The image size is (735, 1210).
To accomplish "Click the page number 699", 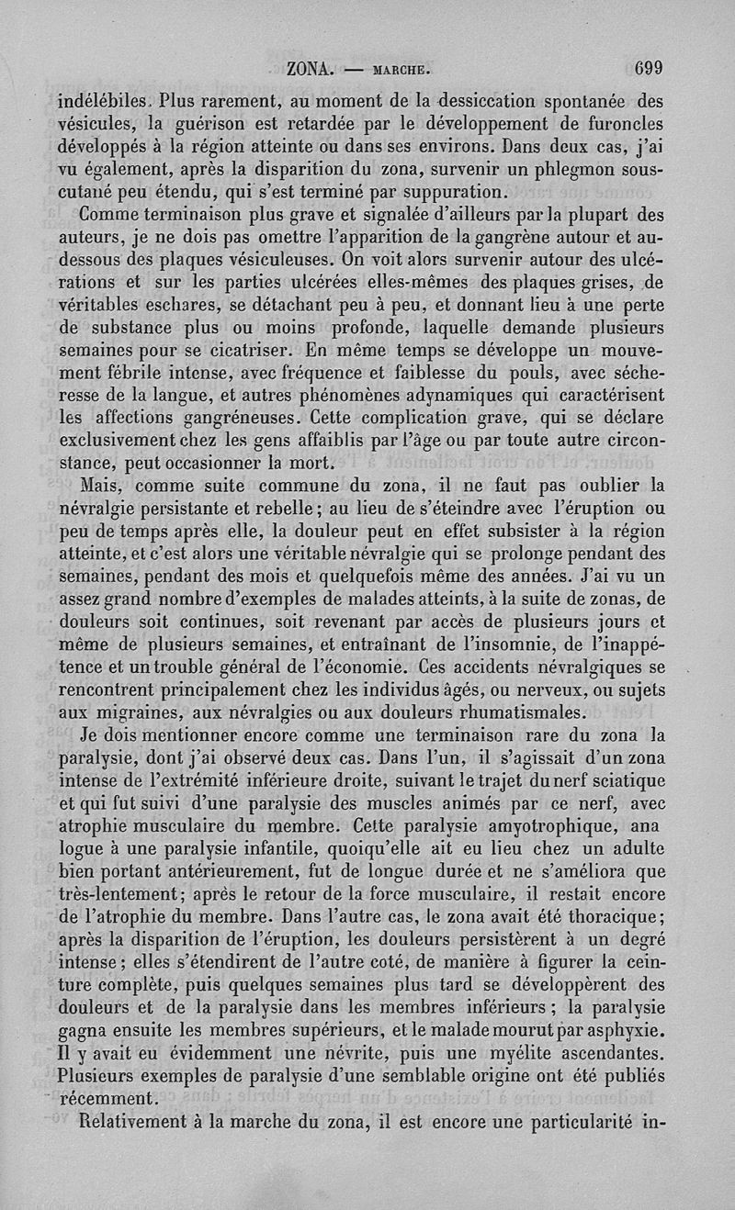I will (649, 67).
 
